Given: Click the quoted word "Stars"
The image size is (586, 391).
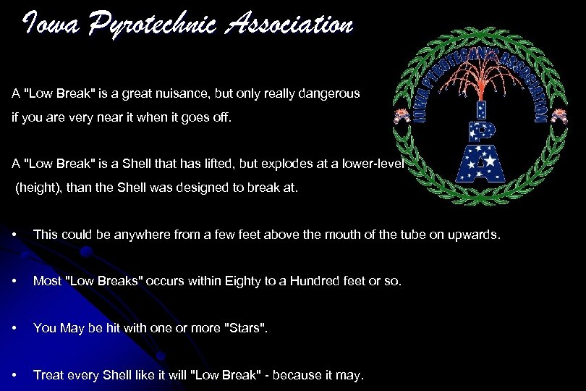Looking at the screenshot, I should point(247,328).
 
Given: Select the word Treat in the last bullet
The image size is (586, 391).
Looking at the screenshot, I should point(48,374).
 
